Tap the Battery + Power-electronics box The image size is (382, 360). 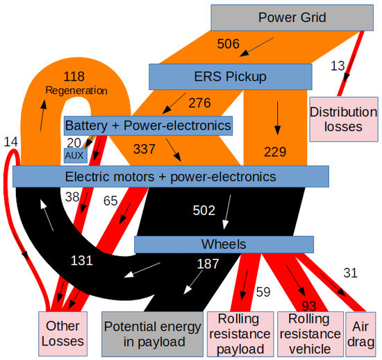pyautogui.click(x=147, y=126)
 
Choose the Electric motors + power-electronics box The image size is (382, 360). pyautogui.click(x=170, y=177)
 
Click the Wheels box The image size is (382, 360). pyautogui.click(x=223, y=244)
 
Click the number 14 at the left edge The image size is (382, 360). pyautogui.click(x=10, y=142)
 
